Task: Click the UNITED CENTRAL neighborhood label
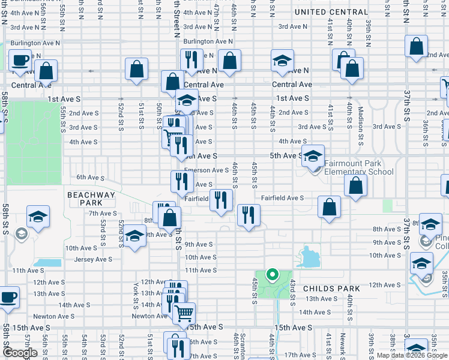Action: [331, 12]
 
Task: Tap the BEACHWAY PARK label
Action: [91, 199]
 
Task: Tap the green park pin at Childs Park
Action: [272, 276]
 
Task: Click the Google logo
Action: [20, 353]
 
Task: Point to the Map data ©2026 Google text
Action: [411, 356]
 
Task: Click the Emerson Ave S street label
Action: [206, 170]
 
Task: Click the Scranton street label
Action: [243, 345]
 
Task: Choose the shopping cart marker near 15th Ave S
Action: [184, 313]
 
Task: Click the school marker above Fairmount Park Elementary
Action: [313, 156]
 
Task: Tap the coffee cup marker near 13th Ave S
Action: [8, 297]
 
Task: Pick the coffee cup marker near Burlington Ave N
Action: [20, 61]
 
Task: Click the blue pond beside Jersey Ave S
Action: [49, 262]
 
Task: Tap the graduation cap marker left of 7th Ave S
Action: [38, 217]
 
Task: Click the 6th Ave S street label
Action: [91, 178]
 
